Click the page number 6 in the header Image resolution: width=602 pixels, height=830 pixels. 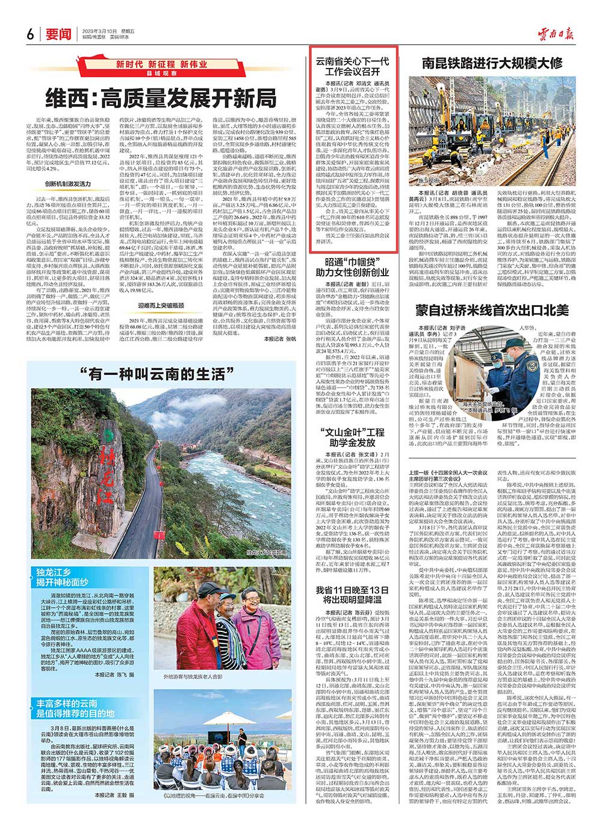tap(29, 34)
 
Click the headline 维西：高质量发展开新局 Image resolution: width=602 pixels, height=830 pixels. tap(162, 98)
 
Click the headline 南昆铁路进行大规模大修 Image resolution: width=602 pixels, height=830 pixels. tap(492, 63)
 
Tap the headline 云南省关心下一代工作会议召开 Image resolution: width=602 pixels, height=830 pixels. tap(353, 66)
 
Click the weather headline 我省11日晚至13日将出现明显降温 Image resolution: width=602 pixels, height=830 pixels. tap(353, 595)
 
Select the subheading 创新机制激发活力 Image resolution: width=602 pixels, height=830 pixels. tap(68, 184)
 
